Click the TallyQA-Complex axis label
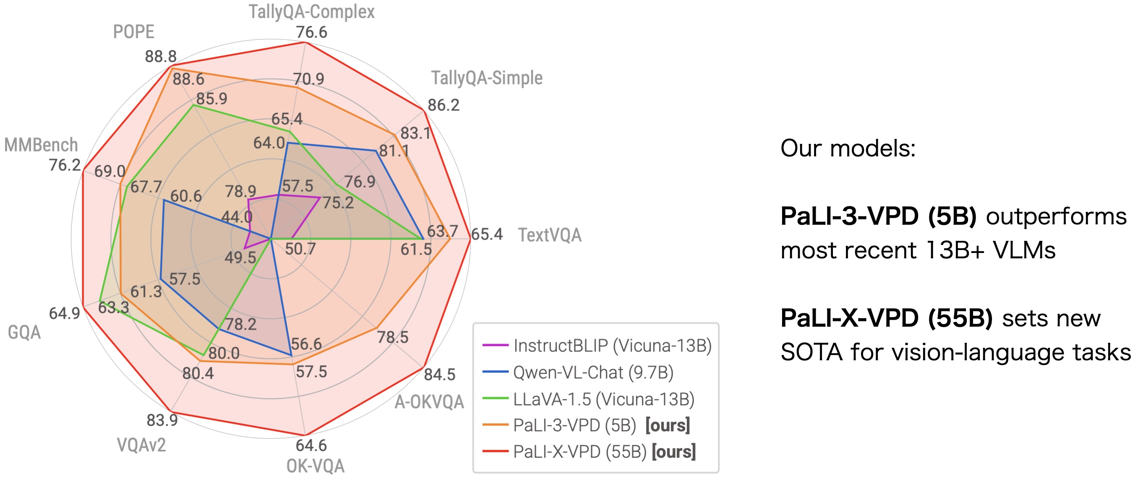pos(311,12)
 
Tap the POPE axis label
pos(133,32)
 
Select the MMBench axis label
pos(41,145)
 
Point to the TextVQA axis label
pos(550,235)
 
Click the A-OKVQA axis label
pos(429,402)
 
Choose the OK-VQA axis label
pos(315,466)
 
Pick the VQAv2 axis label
pos(141,445)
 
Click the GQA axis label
pos(24,332)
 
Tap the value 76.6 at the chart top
pos(311,33)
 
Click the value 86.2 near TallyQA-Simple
pos(443,105)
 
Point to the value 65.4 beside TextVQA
pos(487,234)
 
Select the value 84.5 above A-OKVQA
pos(439,375)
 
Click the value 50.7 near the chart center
pos(300,249)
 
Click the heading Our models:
pos(848,149)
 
